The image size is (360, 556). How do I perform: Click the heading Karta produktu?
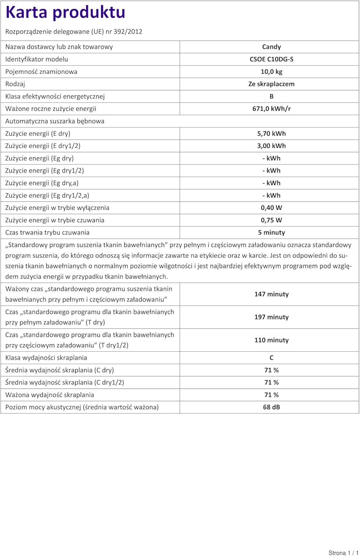click(66, 13)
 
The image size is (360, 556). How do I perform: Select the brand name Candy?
click(271, 47)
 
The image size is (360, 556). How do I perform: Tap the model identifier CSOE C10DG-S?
click(271, 59)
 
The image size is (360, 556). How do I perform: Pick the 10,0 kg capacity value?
click(271, 72)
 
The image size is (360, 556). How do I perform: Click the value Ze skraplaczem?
click(271, 84)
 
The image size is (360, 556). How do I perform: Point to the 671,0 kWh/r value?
click(271, 109)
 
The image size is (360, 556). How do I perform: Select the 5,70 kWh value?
click(271, 133)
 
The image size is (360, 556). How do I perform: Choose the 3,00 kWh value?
click(271, 146)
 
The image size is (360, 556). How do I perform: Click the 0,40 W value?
click(271, 208)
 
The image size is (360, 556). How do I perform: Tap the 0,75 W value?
click(271, 220)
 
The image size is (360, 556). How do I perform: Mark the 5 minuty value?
click(271, 232)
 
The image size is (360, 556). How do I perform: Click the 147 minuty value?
click(271, 294)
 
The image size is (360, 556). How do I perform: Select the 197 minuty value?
click(271, 317)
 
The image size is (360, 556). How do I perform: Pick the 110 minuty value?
click(271, 340)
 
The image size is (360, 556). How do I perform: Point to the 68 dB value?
click(271, 407)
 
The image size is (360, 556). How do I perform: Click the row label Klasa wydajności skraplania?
click(46, 358)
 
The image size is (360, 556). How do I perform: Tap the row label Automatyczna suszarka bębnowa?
click(55, 121)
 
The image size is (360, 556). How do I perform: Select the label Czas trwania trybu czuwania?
click(47, 232)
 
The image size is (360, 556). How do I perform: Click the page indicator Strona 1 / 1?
click(343, 553)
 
